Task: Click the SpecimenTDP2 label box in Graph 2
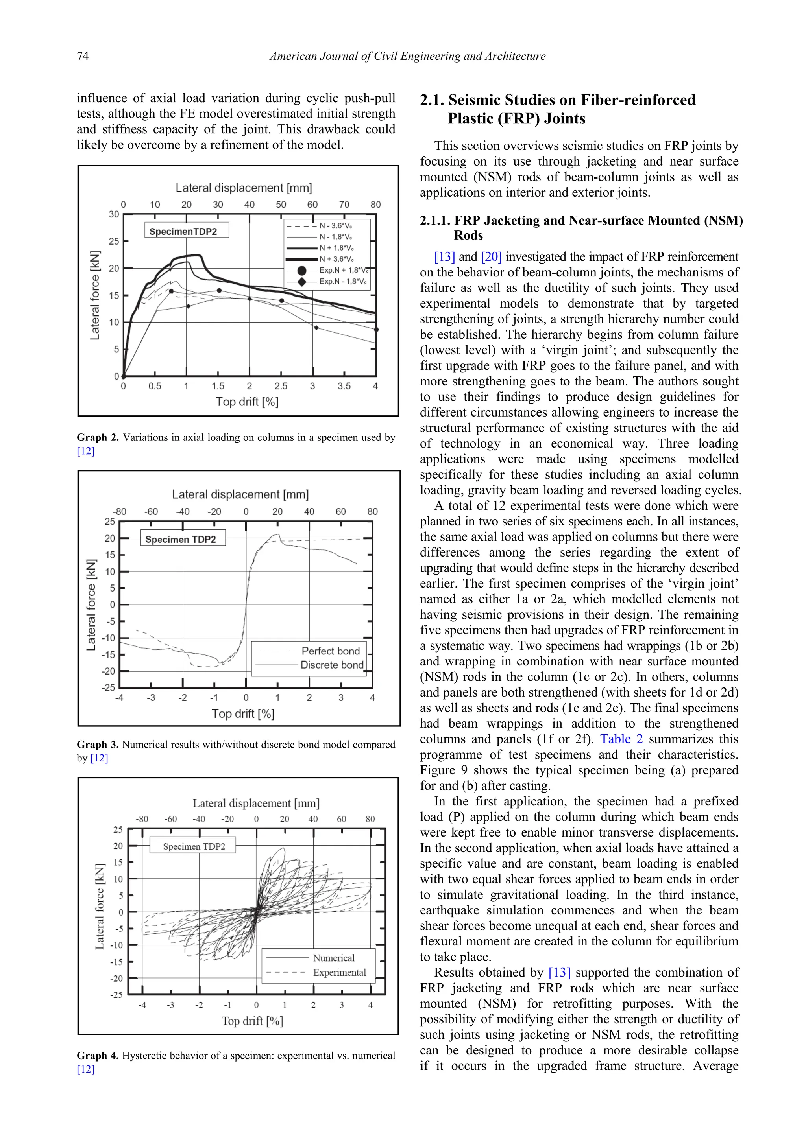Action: point(187,231)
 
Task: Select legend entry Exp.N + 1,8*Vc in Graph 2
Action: point(343,270)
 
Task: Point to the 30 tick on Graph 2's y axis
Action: point(114,214)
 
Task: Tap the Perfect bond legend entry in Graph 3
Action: point(331,651)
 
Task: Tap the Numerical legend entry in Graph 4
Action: point(333,958)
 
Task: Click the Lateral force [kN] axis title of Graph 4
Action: point(100,906)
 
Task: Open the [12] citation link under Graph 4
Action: point(85,1069)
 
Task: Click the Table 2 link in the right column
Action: point(621,739)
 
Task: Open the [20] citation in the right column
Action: point(491,257)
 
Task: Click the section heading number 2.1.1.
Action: point(435,221)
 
